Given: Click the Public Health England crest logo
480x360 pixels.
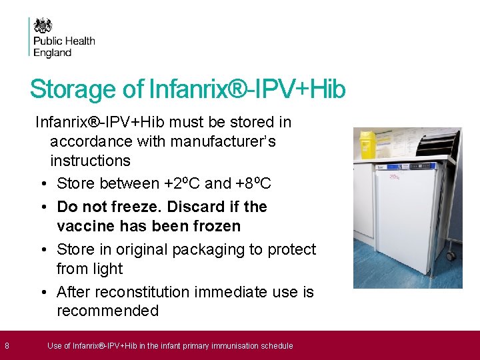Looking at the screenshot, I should pos(43,25).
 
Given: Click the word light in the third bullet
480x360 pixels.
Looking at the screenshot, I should pos(107,269).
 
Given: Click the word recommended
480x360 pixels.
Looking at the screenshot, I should pos(107,311).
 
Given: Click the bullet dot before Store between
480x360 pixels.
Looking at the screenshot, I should pos(43,184).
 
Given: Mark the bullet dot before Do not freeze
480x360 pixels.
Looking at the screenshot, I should pos(43,207).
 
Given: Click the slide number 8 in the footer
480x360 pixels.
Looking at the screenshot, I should pos(7,345).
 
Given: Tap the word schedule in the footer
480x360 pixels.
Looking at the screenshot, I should pos(277,345).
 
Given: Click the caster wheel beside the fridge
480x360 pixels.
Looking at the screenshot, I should pos(451,255).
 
